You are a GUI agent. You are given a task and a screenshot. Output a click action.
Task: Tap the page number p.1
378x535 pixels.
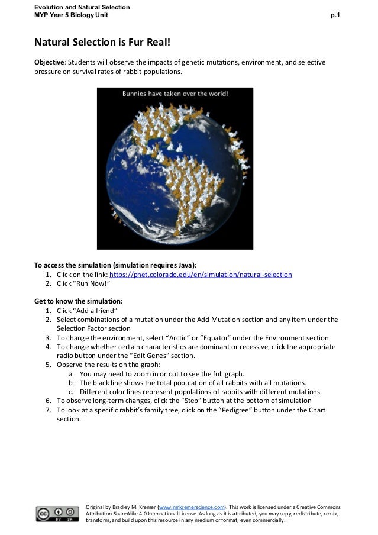coord(335,15)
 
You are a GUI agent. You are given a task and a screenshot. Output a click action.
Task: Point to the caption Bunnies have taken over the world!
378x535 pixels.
coord(175,94)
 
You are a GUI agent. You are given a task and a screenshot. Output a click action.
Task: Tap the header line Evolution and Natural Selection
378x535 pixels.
coord(82,7)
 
